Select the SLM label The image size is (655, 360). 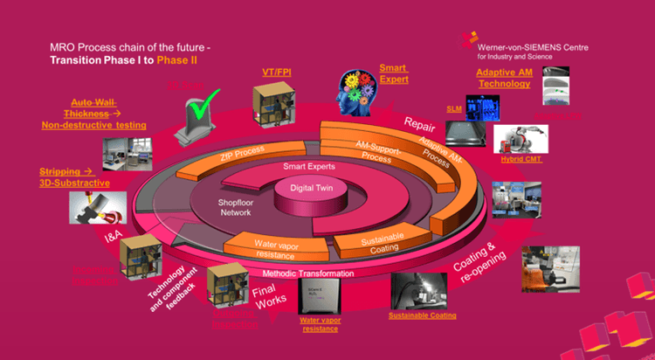pos(454,107)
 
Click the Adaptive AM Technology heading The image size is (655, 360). pos(503,78)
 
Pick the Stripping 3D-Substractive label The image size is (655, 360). pos(74,177)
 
